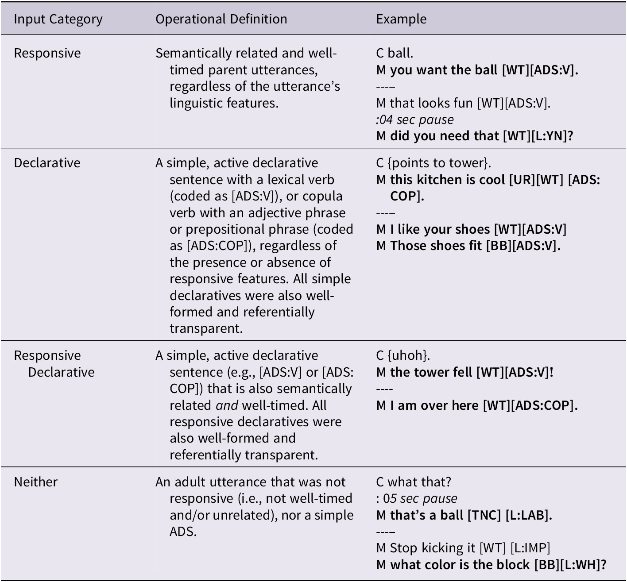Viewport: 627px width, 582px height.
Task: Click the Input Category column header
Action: coord(58,19)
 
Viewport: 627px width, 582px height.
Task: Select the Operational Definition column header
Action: coord(221,19)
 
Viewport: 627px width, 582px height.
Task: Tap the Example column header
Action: coord(401,19)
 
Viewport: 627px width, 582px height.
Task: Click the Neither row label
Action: coord(35,482)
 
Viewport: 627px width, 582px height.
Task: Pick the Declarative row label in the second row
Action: coord(47,163)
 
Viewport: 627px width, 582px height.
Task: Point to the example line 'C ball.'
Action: coord(395,53)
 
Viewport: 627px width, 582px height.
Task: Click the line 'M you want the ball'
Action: coord(477,70)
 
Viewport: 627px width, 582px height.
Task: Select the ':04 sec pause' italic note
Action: coord(414,119)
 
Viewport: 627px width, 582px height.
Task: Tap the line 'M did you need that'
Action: coord(474,136)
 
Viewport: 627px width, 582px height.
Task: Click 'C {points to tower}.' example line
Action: coord(433,163)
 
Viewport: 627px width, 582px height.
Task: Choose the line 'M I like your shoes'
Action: coord(471,229)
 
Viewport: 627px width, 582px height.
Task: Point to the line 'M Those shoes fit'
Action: coord(468,246)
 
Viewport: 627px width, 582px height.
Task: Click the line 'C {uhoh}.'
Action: coord(403,355)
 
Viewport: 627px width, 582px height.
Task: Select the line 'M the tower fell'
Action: coord(464,372)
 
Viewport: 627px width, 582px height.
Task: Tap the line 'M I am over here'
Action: coord(476,405)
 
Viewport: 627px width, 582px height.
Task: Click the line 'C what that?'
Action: coord(414,482)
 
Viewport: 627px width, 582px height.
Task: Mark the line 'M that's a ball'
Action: coord(464,515)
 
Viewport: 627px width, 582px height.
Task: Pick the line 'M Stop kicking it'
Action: coord(463,548)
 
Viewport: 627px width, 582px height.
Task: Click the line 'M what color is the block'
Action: coord(491,565)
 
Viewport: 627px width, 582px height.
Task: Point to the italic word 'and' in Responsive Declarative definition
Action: coord(227,405)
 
